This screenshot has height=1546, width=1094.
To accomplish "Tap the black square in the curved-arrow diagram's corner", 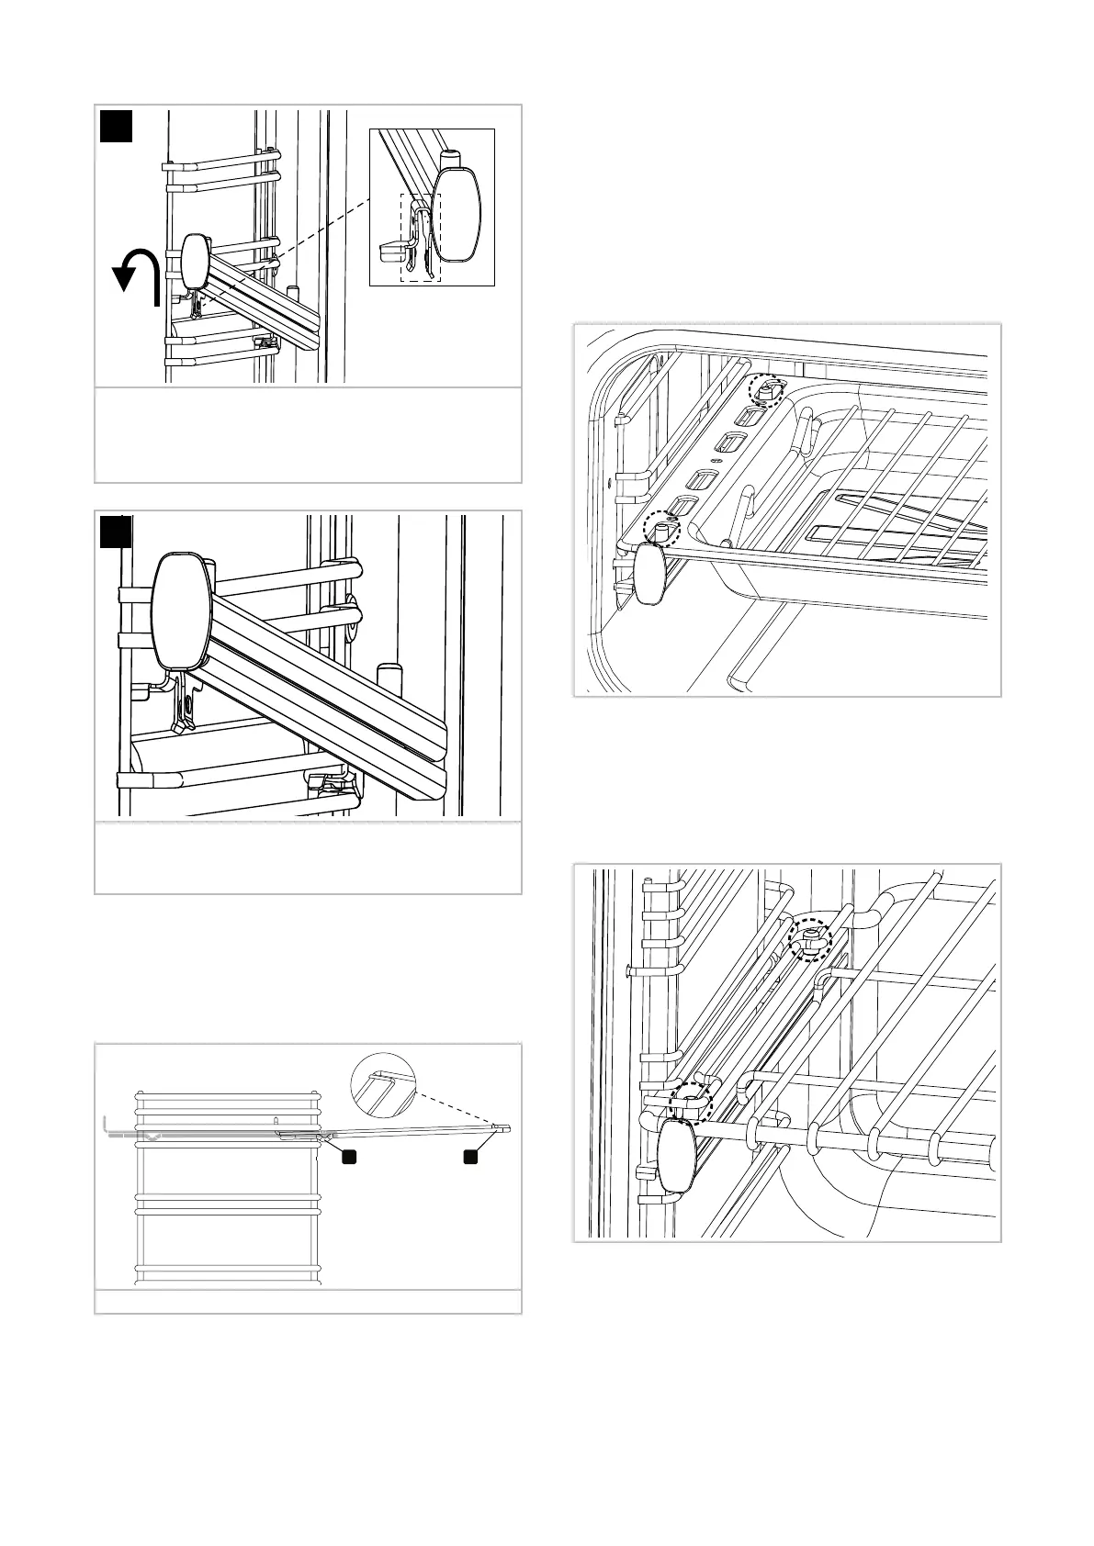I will pyautogui.click(x=117, y=126).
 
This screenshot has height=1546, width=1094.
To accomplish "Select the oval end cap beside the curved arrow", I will pyautogui.click(x=196, y=262).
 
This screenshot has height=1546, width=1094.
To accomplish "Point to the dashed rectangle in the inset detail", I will pyautogui.click(x=420, y=237).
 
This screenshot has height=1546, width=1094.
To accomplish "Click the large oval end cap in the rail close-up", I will pyautogui.click(x=182, y=611).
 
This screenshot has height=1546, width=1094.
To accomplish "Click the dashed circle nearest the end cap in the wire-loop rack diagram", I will pyautogui.click(x=689, y=1101).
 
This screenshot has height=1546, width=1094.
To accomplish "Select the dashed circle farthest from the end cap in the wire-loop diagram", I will pyautogui.click(x=810, y=939).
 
